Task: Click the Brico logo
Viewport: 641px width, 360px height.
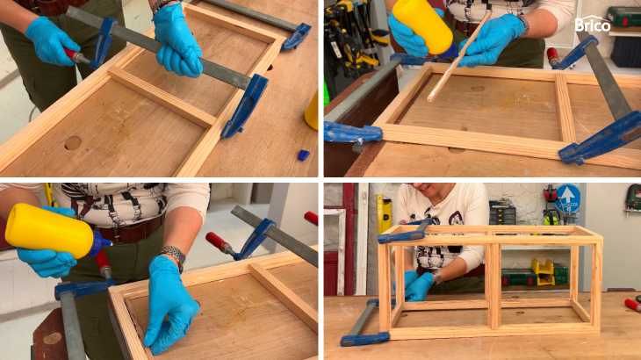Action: [x=593, y=25]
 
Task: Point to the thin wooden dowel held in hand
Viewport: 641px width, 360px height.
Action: [x=458, y=57]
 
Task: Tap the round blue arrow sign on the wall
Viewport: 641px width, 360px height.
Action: [x=568, y=198]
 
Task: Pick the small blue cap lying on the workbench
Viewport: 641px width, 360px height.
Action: [x=303, y=155]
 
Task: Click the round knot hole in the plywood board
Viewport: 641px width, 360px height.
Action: [x=73, y=142]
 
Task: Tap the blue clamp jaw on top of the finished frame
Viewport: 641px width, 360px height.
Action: [x=405, y=234]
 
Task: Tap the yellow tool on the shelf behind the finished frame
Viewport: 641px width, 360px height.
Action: [x=543, y=271]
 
